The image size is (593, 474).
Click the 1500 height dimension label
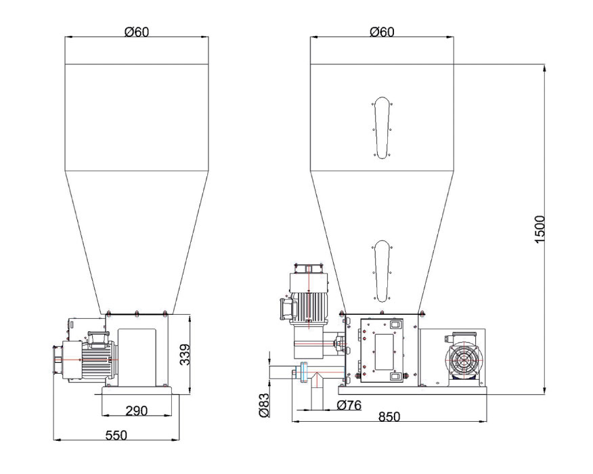pos(540,230)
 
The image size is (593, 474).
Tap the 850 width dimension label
pos(389,416)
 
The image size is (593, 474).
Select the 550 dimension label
pos(116,435)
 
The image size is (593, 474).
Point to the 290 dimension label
pos(136,410)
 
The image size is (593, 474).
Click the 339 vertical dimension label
pos(185,354)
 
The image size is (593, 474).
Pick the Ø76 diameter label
pos(349,405)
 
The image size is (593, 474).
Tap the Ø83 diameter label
pos(265,405)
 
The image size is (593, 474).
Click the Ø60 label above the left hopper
pos(137,32)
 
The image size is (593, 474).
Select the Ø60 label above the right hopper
pos(382,32)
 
